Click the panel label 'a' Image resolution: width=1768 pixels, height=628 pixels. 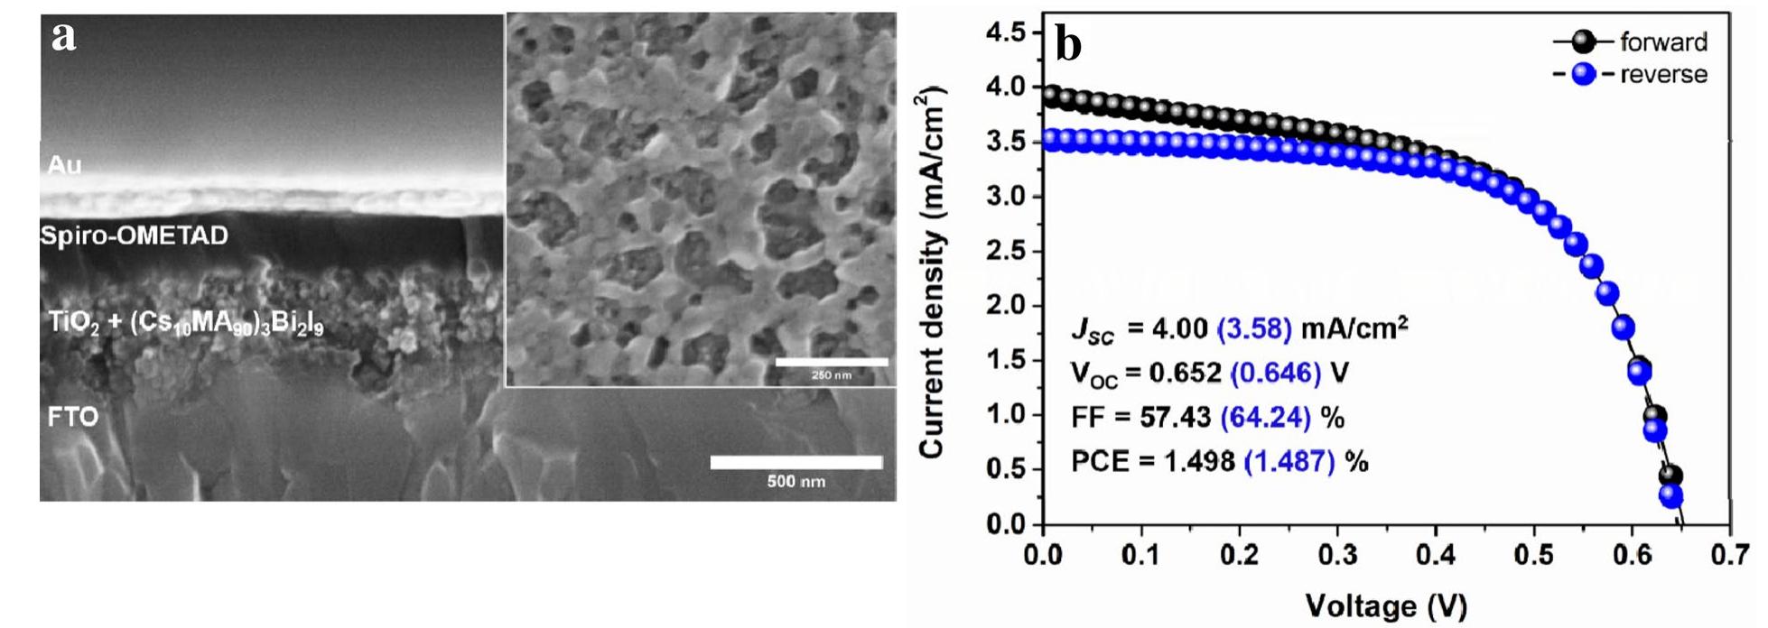pyautogui.click(x=63, y=38)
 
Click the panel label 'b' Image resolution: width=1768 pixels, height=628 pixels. pyautogui.click(x=1068, y=45)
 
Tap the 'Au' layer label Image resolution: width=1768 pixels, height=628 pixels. pyautogui.click(x=64, y=165)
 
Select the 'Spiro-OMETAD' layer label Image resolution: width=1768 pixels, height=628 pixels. pyautogui.click(x=134, y=235)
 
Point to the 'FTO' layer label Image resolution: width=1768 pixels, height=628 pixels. pyautogui.click(x=72, y=417)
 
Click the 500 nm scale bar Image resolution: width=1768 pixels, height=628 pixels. pyautogui.click(x=796, y=463)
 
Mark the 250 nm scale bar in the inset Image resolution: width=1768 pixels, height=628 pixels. pyautogui.click(x=832, y=363)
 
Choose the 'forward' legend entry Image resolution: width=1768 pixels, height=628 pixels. pyautogui.click(x=1662, y=42)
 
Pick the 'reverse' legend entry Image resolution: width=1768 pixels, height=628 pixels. pyautogui.click(x=1662, y=74)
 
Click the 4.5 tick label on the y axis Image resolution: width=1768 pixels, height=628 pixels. pyautogui.click(x=1008, y=33)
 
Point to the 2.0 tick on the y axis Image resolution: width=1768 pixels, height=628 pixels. pyautogui.click(x=1008, y=306)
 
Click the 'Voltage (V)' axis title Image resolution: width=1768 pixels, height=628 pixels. pyautogui.click(x=1386, y=605)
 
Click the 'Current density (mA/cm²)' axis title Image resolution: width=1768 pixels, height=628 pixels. pyautogui.click(x=932, y=271)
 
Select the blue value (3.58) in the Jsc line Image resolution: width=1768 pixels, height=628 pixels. pyautogui.click(x=1254, y=328)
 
